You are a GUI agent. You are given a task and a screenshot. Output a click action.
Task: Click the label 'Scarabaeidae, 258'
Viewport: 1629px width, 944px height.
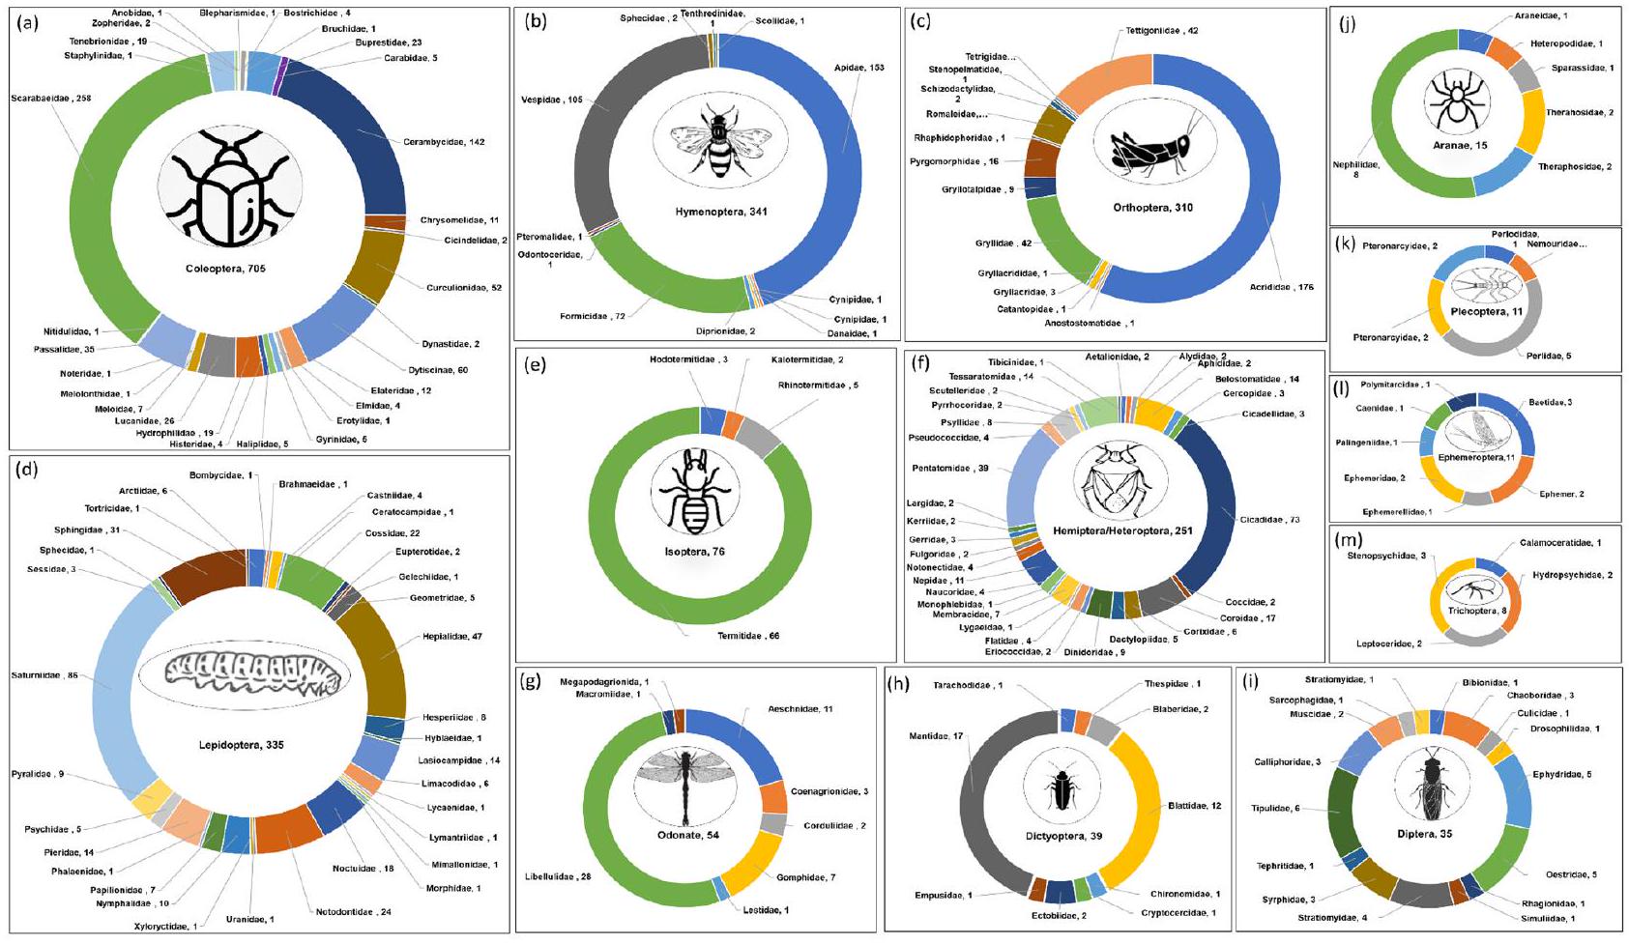[x=50, y=98]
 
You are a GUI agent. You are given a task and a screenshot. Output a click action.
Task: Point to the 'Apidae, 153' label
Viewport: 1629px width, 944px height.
[x=859, y=68]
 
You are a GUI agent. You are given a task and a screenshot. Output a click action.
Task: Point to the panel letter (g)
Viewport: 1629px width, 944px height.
[x=530, y=680]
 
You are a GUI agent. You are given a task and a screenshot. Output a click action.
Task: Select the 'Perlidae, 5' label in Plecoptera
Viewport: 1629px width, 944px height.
[x=1549, y=357]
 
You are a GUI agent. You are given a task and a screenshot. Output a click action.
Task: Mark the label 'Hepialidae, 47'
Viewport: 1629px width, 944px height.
[x=451, y=637]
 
